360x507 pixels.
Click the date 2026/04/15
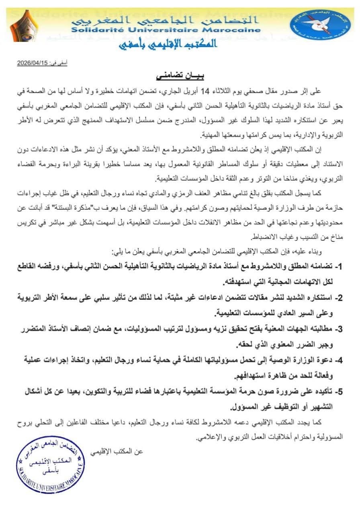pyautogui.click(x=33, y=63)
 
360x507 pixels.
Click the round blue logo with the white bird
pyautogui.click(x=320, y=25)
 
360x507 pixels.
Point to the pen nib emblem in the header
pyautogui.click(x=24, y=25)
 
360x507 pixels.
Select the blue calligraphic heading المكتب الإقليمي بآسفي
pyautogui.click(x=168, y=44)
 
